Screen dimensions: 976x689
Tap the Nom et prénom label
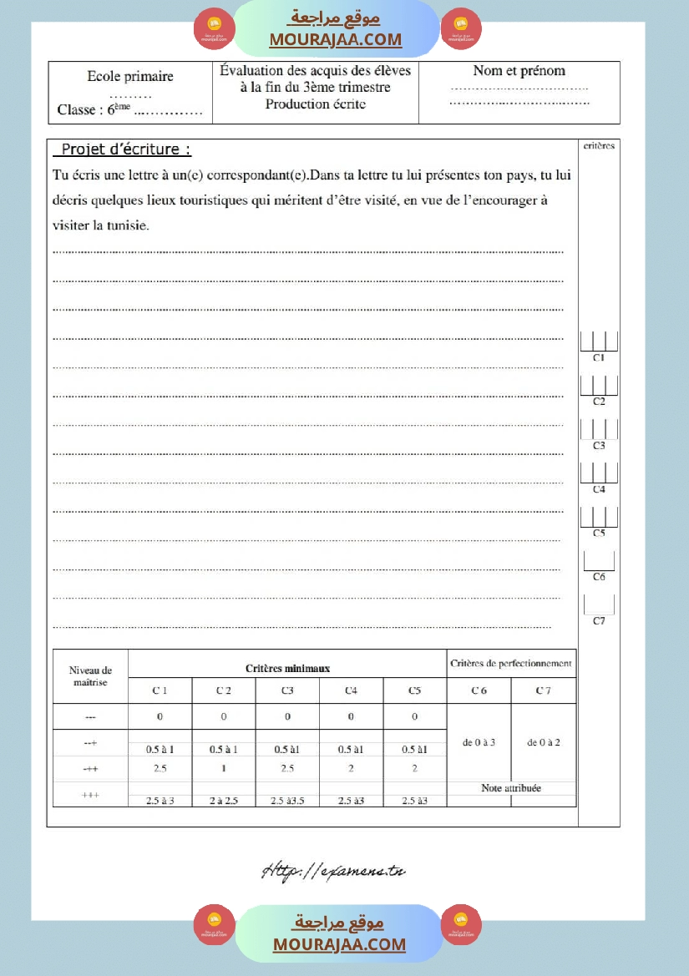click(519, 71)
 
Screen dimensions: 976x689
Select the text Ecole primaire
click(130, 76)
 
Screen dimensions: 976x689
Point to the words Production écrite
click(316, 104)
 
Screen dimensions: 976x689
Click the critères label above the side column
click(598, 145)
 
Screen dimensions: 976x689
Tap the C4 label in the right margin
click(599, 489)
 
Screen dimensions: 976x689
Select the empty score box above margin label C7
click(599, 604)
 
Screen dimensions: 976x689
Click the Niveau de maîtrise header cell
click(90, 676)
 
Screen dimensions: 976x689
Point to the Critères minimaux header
click(287, 668)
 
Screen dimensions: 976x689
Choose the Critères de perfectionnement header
click(511, 664)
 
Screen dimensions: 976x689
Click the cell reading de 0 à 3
click(479, 742)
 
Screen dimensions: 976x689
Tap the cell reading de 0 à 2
click(544, 742)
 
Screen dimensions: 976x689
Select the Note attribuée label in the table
click(511, 788)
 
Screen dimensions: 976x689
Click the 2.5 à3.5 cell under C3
click(287, 802)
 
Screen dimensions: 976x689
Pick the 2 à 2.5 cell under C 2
click(224, 802)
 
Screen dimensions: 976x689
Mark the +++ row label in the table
click(90, 796)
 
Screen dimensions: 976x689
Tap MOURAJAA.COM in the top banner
click(335, 39)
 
